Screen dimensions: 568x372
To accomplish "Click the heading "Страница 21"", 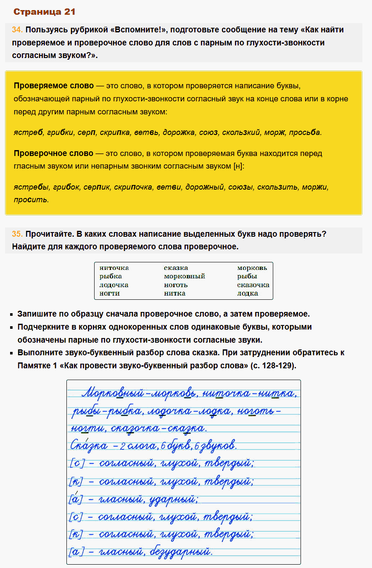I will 45,12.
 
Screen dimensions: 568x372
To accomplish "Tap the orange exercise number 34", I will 17,30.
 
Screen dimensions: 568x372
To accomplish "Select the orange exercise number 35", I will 17,234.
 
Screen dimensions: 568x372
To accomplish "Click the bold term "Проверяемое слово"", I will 54,86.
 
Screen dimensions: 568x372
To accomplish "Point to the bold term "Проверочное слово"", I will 53,153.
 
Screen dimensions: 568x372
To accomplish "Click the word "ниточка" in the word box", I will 114,268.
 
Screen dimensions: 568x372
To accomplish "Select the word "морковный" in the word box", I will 184,276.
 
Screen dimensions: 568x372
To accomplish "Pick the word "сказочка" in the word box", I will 253,285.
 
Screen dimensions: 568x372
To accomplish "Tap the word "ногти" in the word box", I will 110,293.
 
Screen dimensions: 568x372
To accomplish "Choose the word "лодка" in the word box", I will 248,293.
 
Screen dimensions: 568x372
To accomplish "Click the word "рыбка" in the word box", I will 111,276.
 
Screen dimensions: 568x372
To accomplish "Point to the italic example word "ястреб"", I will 28,132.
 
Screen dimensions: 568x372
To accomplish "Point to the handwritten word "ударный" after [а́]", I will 175,499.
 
